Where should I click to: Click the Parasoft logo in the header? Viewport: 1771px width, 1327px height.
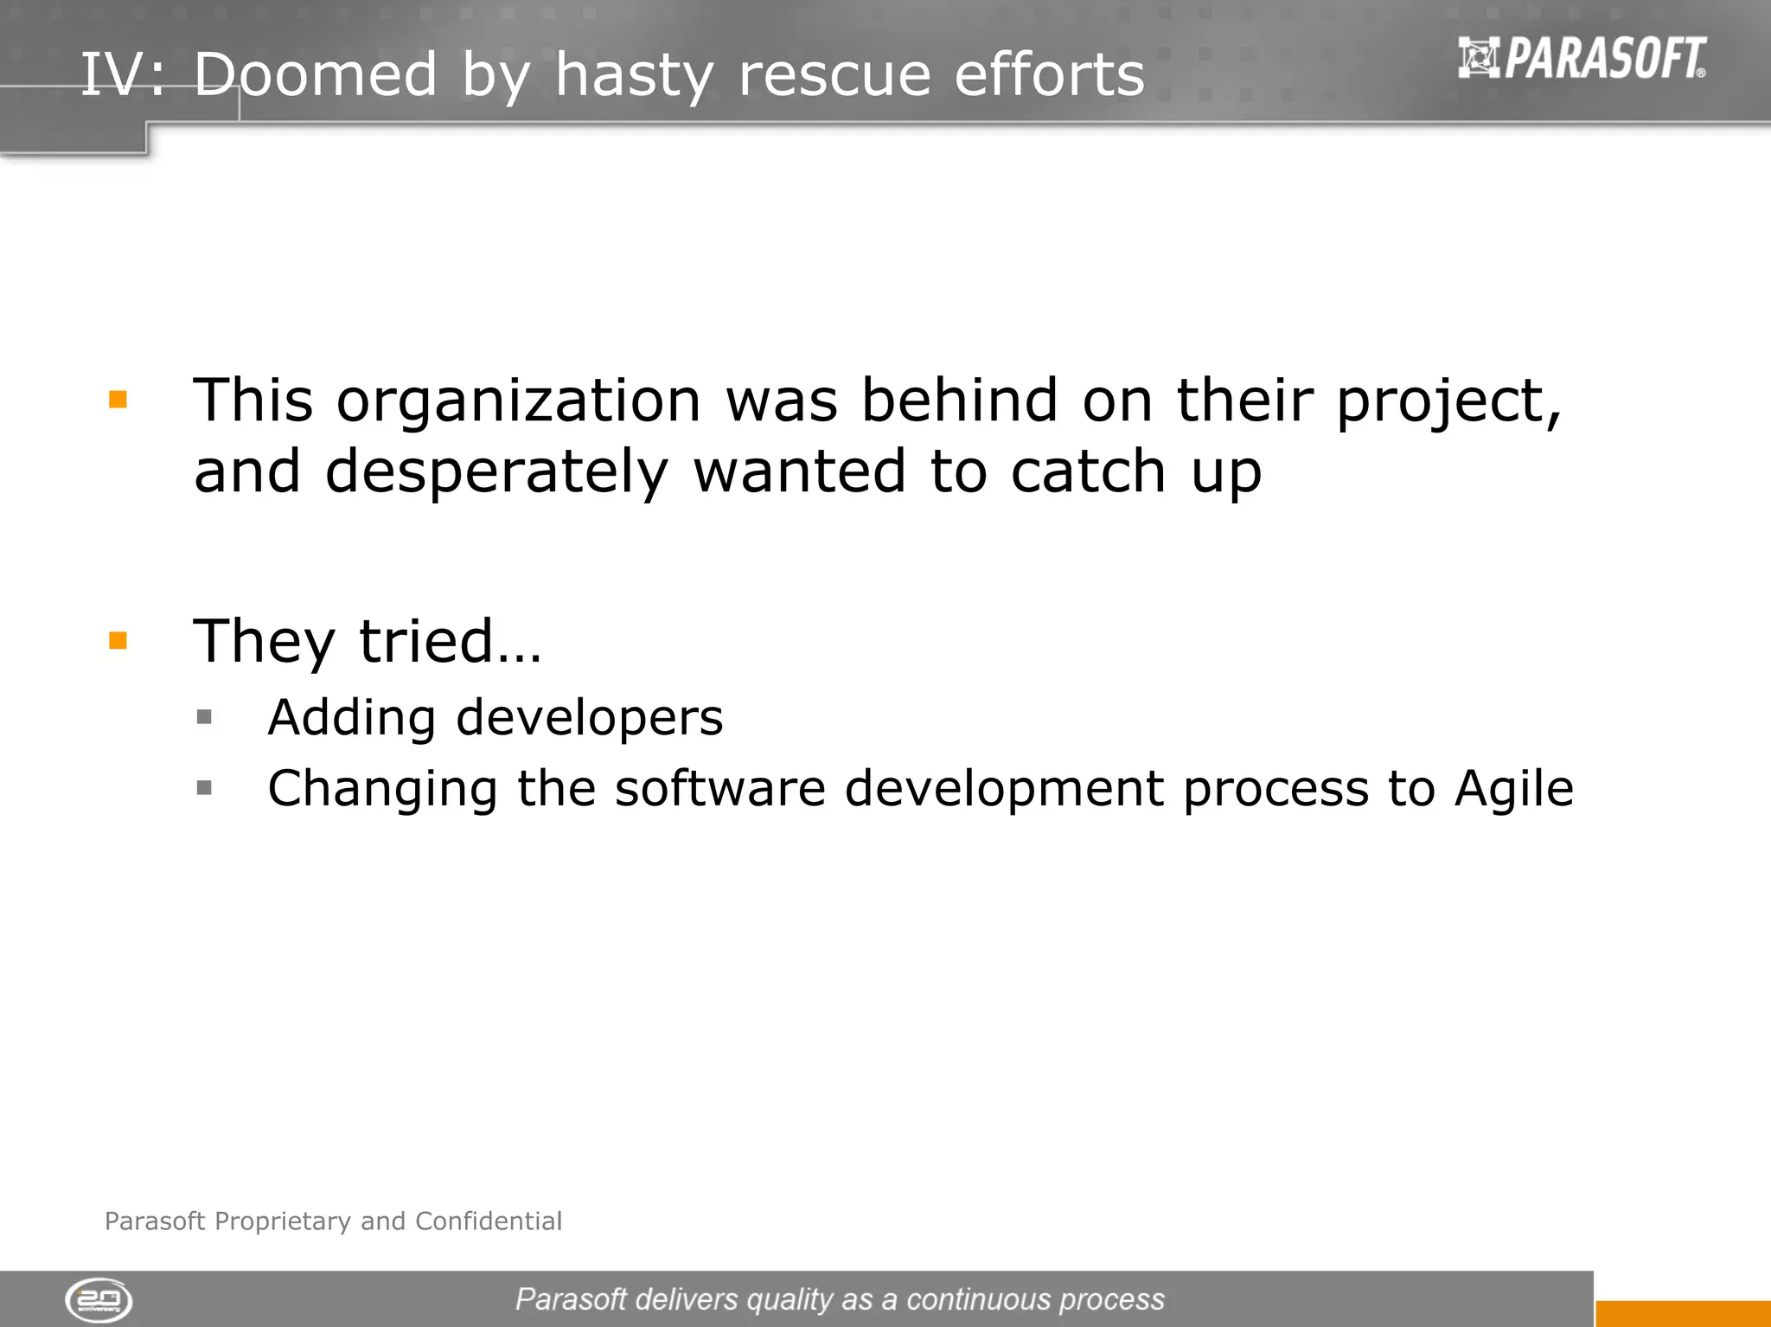pyautogui.click(x=1582, y=59)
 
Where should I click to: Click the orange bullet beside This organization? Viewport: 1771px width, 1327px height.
pyautogui.click(x=118, y=400)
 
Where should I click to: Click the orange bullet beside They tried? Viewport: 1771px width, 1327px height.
pyautogui.click(x=118, y=640)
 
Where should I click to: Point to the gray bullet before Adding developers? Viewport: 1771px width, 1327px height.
pyautogui.click(x=204, y=716)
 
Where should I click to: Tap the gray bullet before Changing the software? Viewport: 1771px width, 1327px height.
pyautogui.click(x=204, y=787)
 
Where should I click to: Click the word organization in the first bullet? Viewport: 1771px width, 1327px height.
pyautogui.click(x=519, y=401)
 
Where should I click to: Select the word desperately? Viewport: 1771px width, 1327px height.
pyautogui.click(x=496, y=472)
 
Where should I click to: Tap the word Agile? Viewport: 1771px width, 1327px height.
pyautogui.click(x=1513, y=789)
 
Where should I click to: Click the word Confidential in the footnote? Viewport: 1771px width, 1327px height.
pyautogui.click(x=489, y=1221)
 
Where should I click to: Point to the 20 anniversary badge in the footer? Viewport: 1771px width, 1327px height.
pyautogui.click(x=99, y=1299)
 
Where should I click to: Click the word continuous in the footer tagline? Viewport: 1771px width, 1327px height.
pyautogui.click(x=978, y=1299)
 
